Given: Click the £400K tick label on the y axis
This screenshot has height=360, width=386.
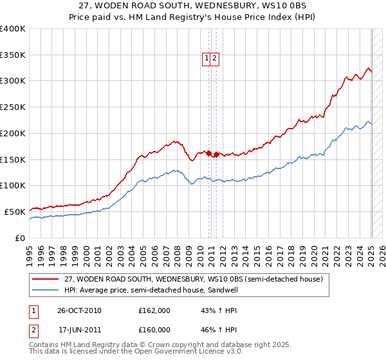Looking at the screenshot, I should [x=13, y=29].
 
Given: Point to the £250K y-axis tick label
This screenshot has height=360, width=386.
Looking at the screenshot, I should [x=13, y=107].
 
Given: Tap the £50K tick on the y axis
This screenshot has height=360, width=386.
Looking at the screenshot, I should [x=15, y=212].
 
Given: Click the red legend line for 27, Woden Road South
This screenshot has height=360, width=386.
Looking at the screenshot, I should [x=45, y=279].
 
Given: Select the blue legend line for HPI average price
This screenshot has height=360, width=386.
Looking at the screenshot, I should [x=45, y=290].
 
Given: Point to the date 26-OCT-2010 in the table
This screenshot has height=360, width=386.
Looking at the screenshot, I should [x=79, y=310].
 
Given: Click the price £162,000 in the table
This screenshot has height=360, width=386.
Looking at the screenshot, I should [x=154, y=310].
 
